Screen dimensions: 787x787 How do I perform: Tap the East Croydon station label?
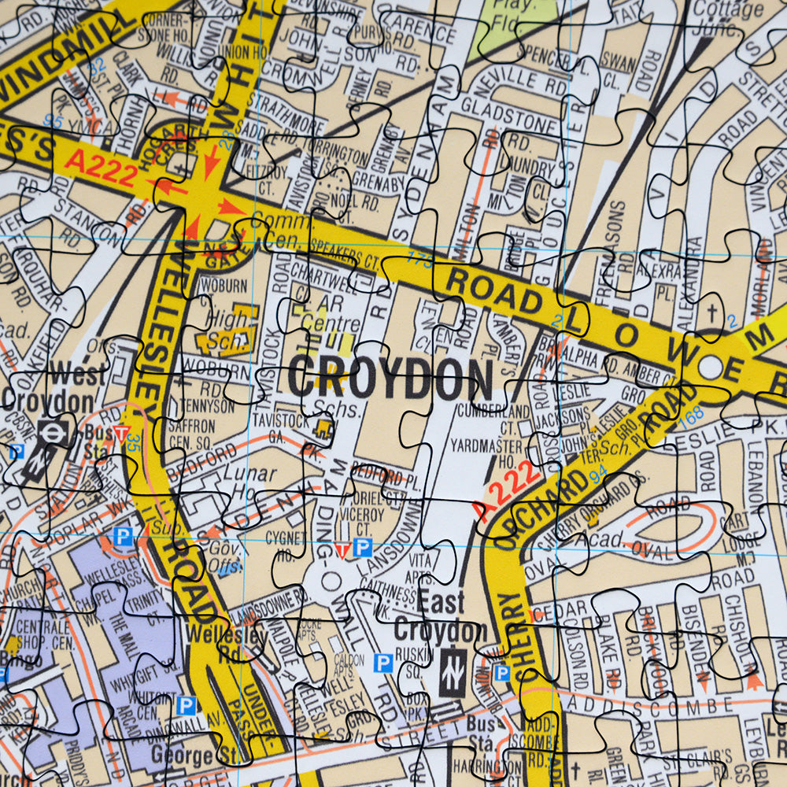pyautogui.click(x=441, y=618)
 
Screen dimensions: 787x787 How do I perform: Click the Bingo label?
pyautogui.click(x=22, y=660)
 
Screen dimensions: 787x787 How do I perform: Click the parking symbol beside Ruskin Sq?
pyautogui.click(x=383, y=663)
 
